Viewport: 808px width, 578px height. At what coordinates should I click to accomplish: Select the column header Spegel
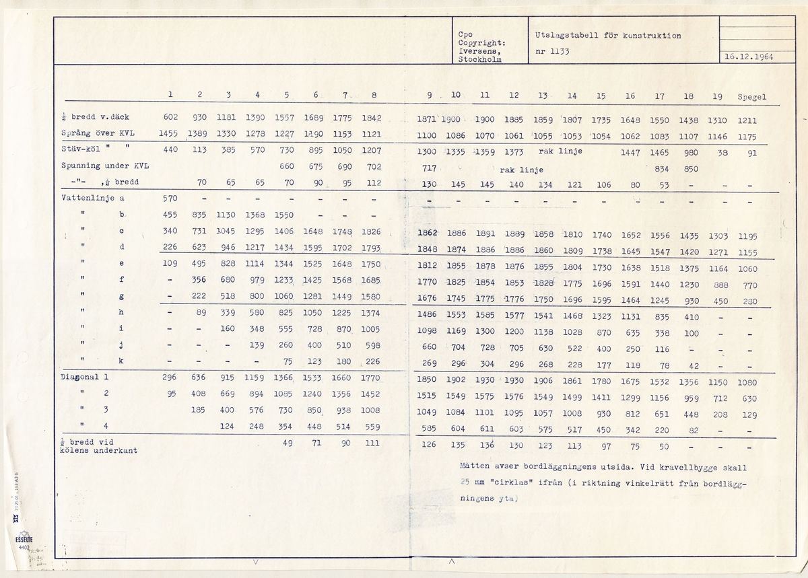click(752, 96)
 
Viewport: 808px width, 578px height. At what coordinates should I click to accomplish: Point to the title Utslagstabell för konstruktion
click(607, 36)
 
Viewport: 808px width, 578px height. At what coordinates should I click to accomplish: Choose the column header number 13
click(543, 96)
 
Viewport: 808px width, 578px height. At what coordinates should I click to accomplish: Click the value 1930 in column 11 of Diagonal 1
click(484, 381)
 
